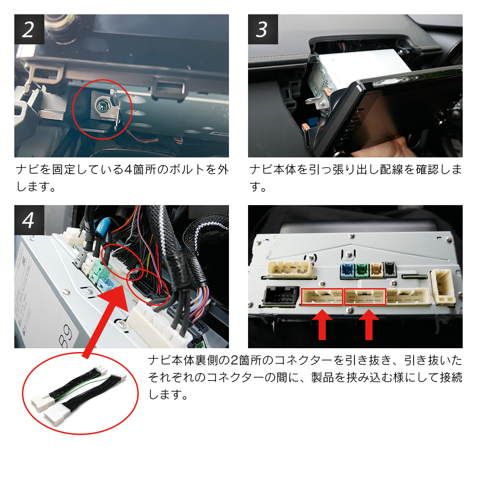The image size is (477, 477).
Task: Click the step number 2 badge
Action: [29, 29]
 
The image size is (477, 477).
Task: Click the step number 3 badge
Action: [263, 29]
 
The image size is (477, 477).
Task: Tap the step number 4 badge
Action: [29, 220]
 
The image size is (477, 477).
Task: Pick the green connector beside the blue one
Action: [362, 270]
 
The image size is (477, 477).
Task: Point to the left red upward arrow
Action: [322, 324]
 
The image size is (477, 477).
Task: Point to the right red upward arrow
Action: [369, 324]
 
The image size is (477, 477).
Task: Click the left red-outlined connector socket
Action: [322, 297]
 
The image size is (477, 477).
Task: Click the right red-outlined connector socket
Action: [365, 297]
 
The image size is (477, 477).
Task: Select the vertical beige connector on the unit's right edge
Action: [443, 286]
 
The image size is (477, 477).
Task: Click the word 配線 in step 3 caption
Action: [392, 169]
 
